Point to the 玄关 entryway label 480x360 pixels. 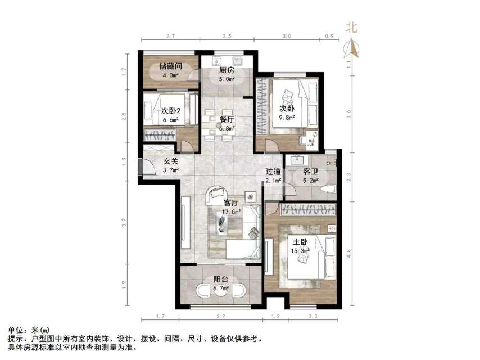coord(156,160)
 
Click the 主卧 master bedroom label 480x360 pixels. coord(298,242)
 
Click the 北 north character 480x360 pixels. coord(351,26)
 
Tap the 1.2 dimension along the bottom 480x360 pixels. coord(275,318)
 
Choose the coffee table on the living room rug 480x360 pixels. coord(221,223)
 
